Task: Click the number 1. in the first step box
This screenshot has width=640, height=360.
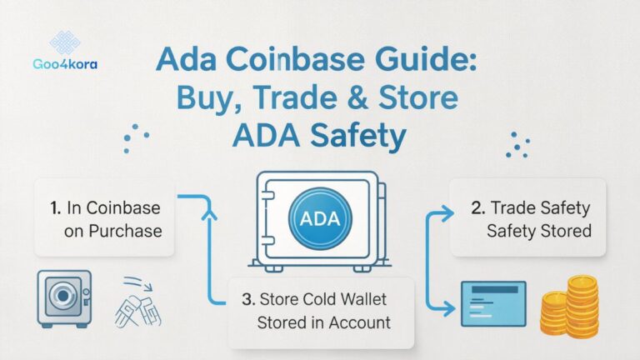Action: [x=53, y=207]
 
